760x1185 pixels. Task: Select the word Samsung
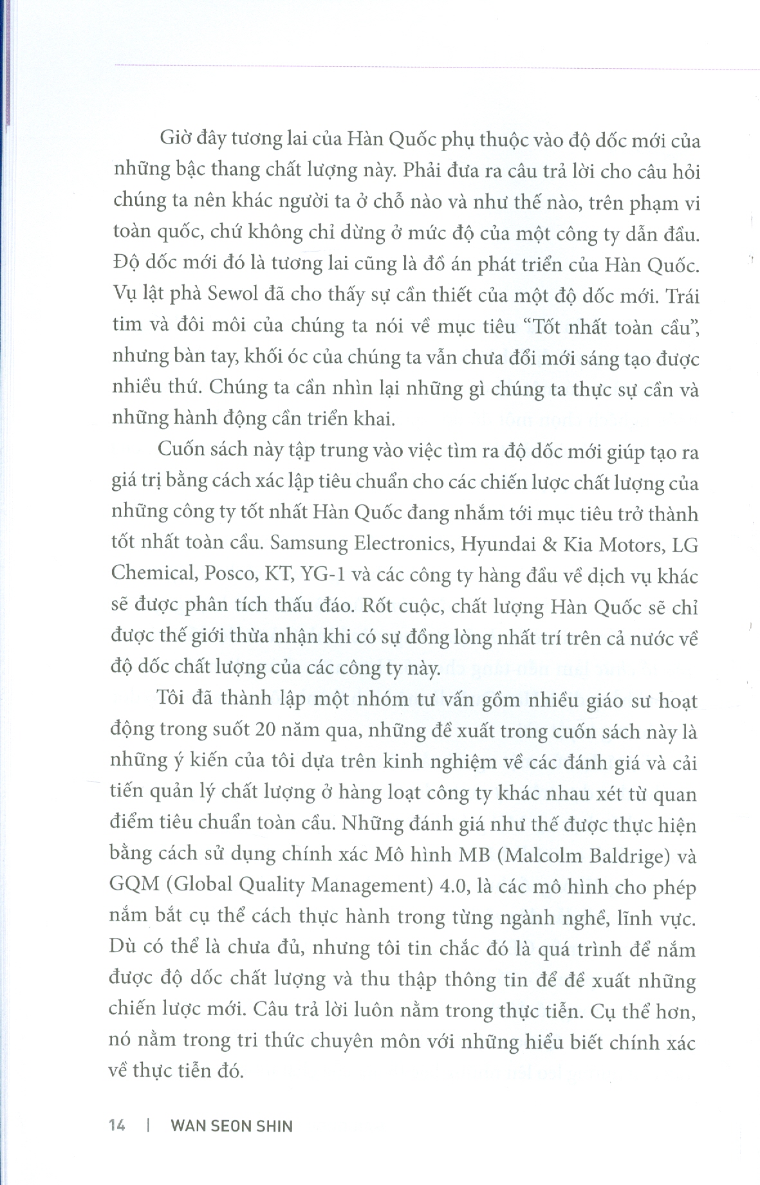tap(309, 544)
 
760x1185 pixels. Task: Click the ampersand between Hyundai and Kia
tap(549, 544)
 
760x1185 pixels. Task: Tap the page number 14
tap(117, 1125)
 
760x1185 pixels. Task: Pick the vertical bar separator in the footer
tap(148, 1125)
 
